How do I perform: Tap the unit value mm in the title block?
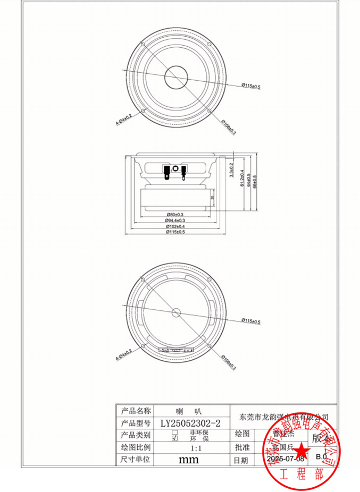188,459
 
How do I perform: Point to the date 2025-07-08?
285,459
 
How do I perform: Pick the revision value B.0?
321,456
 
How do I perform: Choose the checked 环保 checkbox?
174,439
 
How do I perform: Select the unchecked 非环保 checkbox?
174,433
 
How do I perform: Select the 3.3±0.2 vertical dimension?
231,171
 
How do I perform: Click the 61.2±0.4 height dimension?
241,179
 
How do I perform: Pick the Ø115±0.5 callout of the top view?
251,86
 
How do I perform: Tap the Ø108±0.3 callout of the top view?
229,124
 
